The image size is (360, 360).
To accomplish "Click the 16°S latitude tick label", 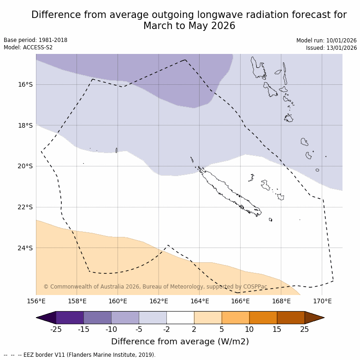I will tap(25, 84).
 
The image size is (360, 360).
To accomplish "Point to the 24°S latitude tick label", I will tap(25, 248).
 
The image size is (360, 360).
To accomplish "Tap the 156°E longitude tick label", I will tap(36, 301).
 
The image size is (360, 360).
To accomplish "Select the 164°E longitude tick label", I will tap(200, 301).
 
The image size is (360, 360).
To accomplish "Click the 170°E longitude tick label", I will tap(322, 301).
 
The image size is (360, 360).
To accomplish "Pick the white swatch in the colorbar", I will tap(180, 318).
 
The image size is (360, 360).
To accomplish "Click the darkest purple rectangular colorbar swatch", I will tap(70, 318).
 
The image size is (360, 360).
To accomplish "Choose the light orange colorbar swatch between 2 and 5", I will tap(208, 318).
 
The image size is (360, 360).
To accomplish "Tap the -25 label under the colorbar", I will tap(56, 329).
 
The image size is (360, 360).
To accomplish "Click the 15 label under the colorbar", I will tap(277, 329).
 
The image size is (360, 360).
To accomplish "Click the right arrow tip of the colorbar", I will tap(323, 318).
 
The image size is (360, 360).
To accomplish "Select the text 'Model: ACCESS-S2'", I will tap(28, 47).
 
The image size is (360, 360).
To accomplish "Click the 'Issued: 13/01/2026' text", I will tap(331, 47).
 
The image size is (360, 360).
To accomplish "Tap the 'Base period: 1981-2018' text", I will tap(35, 40).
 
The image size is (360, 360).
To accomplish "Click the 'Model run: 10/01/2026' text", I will tap(326, 40).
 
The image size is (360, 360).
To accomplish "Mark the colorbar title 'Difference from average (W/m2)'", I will tap(180, 342).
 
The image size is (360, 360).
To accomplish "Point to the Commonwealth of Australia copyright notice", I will tap(155, 287).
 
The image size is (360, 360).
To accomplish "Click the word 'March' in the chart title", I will tap(157, 26).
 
